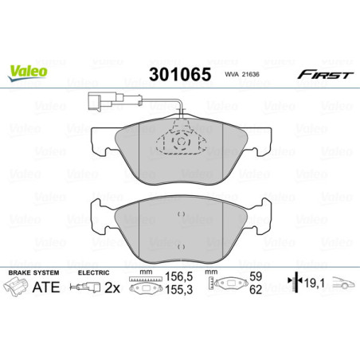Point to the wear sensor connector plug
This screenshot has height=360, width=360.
pyautogui.click(x=95, y=100)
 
